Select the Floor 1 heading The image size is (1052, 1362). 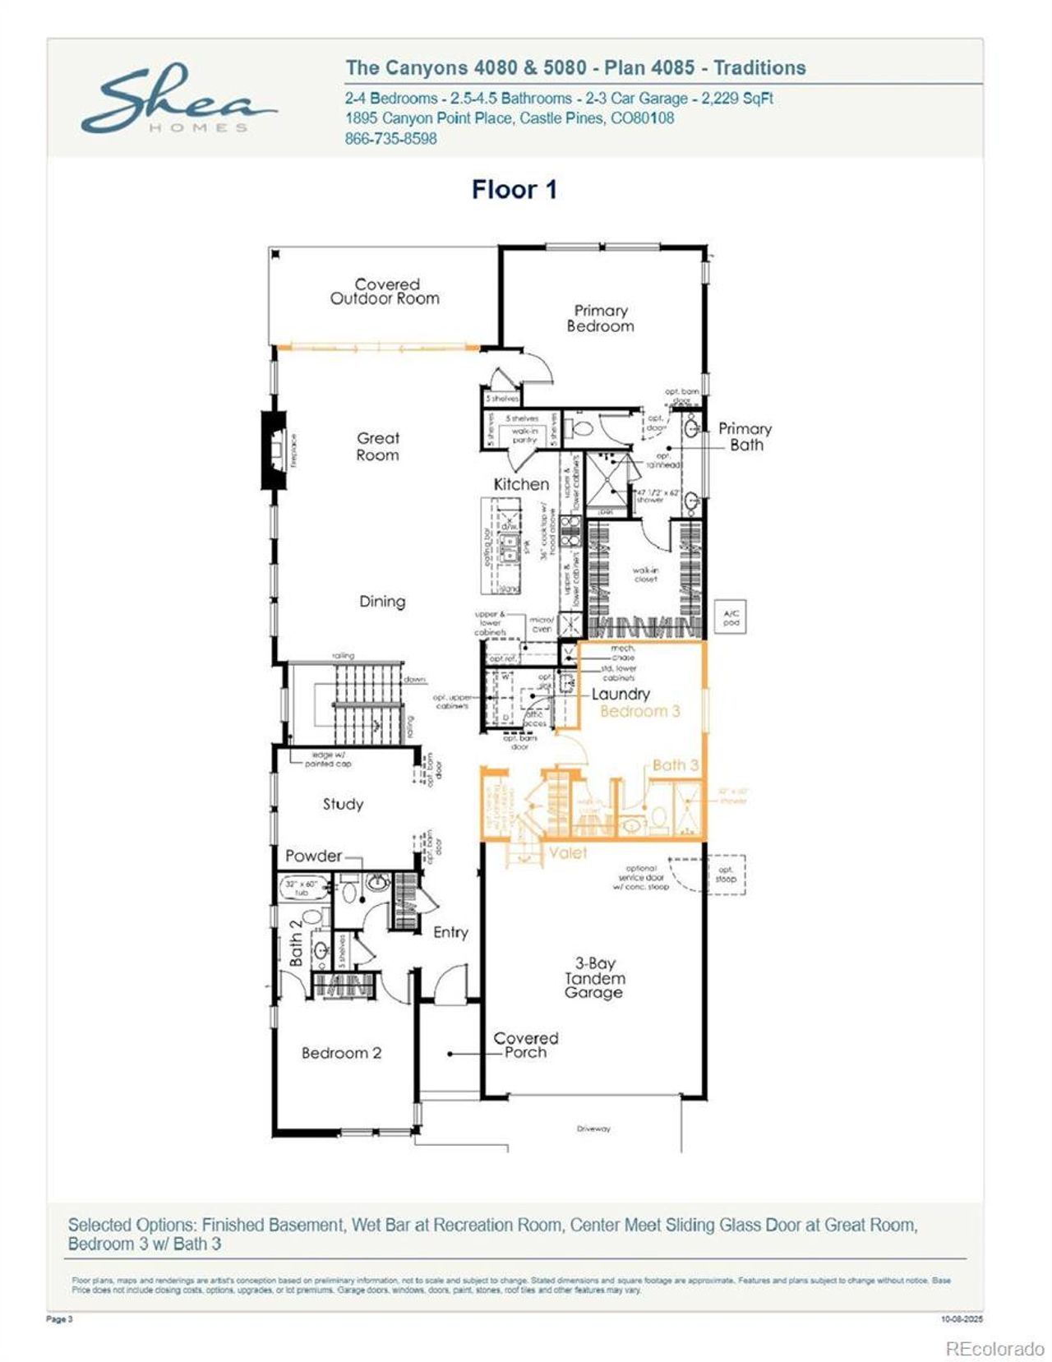[x=514, y=190]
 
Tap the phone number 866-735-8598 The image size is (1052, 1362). [x=390, y=139]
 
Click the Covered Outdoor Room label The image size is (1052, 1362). [x=385, y=292]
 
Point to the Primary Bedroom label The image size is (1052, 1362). [x=600, y=318]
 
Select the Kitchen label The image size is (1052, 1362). [x=521, y=484]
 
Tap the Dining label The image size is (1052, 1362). [x=382, y=602]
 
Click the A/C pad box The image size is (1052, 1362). [x=731, y=617]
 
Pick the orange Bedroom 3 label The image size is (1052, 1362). [x=640, y=712]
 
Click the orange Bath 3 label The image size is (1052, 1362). [x=675, y=765]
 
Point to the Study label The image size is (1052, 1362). [x=343, y=804]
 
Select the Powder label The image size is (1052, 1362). [x=313, y=856]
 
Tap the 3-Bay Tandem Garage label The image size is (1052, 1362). [x=594, y=977]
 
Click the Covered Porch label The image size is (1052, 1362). [x=525, y=1045]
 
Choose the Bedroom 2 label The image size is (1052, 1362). [x=341, y=1053]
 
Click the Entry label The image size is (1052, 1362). [x=450, y=932]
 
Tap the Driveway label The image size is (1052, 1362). [x=593, y=1129]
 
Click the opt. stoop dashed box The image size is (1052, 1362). [x=726, y=874]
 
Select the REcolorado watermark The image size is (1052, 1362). [x=994, y=1349]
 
